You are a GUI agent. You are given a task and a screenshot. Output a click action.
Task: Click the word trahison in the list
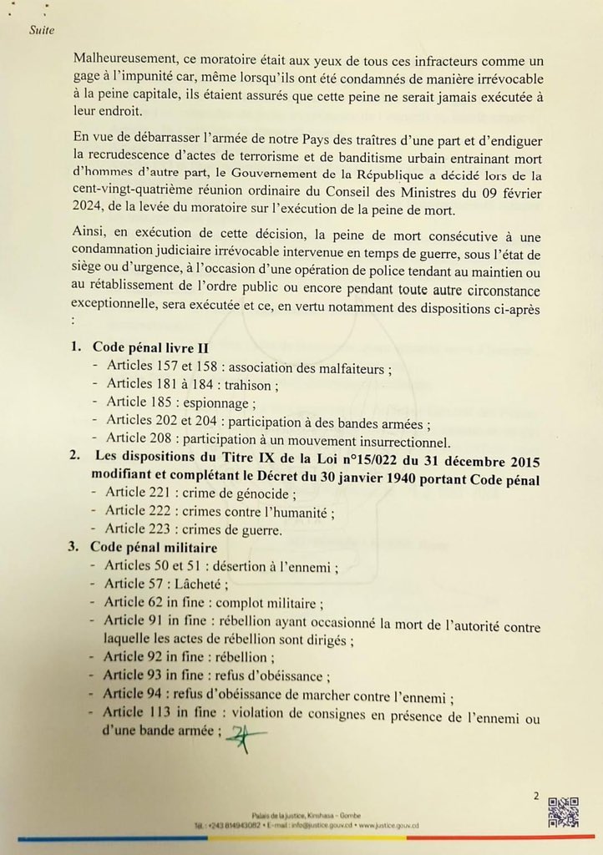tap(251, 385)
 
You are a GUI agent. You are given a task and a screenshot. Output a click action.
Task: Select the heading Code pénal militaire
tap(155, 548)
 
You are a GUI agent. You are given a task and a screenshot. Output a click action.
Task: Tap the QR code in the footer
tap(563, 812)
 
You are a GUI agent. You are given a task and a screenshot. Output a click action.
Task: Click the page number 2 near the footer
tap(536, 796)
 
